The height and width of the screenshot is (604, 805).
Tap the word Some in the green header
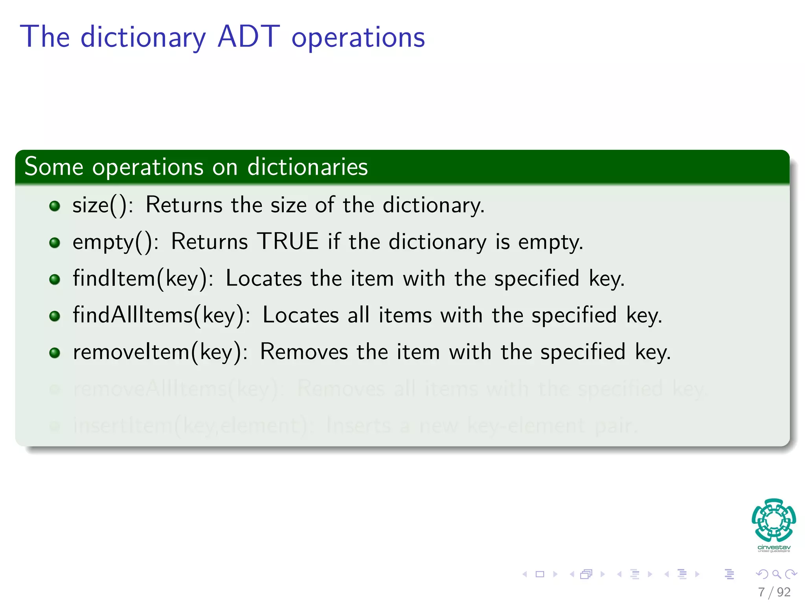[54, 167]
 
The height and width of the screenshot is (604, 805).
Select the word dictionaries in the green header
[307, 167]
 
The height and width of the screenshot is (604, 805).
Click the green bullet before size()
[55, 206]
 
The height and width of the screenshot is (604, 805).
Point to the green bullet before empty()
[55, 243]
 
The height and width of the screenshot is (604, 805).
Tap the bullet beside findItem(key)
[55, 279]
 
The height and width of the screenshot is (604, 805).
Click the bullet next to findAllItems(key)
[55, 316]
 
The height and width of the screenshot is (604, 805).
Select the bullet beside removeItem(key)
[55, 353]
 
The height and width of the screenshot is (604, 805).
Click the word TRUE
[288, 241]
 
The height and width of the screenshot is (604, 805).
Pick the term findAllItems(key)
[161, 315]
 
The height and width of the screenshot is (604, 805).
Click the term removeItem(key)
[160, 352]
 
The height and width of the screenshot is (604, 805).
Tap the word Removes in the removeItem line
[304, 352]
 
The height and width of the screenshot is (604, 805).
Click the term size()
[103, 205]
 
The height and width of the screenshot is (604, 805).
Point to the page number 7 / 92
[774, 592]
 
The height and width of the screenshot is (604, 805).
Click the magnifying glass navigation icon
[776, 575]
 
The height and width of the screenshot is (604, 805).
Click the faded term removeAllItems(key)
[176, 389]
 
